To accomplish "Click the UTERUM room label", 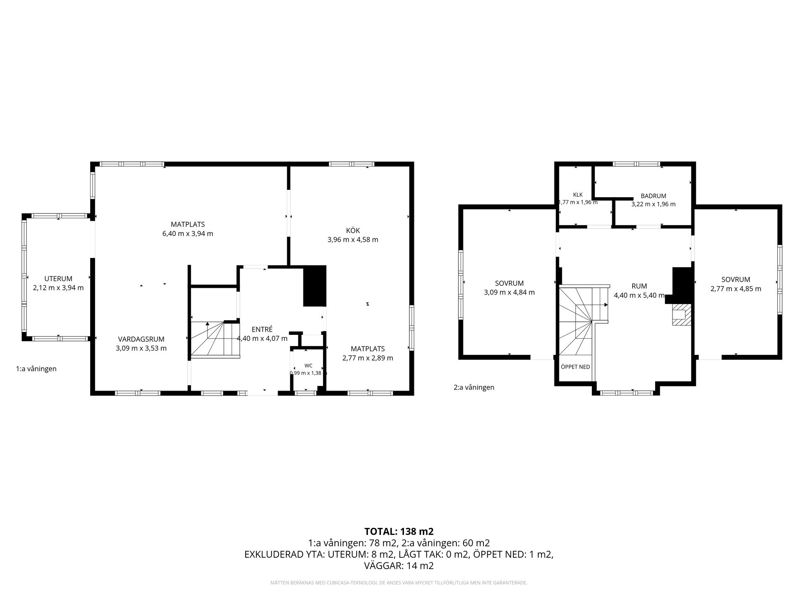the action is (x=58, y=279).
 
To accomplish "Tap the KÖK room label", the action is (x=353, y=230).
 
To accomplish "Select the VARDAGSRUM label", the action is (x=141, y=339).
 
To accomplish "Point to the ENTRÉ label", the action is (x=262, y=329).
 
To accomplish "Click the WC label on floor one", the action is (x=308, y=366).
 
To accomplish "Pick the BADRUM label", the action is (x=653, y=196).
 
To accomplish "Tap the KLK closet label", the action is (x=578, y=195).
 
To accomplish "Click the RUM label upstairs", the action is (x=639, y=286).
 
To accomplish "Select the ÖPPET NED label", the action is (x=575, y=367).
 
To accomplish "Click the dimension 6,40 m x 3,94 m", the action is (x=187, y=234).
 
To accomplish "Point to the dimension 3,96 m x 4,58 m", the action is (x=353, y=240).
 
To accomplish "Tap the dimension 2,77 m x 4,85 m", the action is (x=736, y=289).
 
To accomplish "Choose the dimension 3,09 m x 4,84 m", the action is (x=509, y=292).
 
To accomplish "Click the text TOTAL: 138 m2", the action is (x=399, y=531).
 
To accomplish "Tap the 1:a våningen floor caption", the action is (x=36, y=369).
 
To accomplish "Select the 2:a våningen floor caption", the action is (x=474, y=387).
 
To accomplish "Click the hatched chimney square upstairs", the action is (x=680, y=315).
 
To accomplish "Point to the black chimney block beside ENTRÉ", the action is (x=315, y=286).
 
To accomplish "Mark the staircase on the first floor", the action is (x=215, y=339).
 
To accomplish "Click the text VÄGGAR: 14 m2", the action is (x=399, y=566).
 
